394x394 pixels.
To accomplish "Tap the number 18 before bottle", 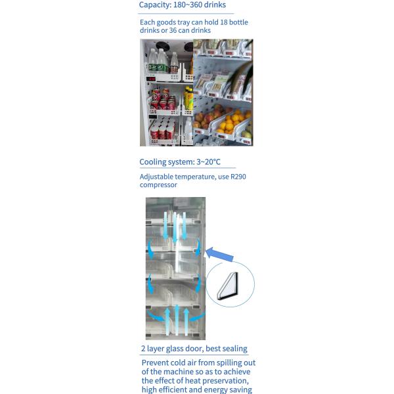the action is (x=223, y=22).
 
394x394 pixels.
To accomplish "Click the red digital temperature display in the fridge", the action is (x=151, y=79).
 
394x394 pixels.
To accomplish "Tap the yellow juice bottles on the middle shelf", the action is (x=188, y=98).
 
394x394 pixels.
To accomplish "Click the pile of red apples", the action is (x=208, y=116).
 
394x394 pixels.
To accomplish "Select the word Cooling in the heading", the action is (x=152, y=162).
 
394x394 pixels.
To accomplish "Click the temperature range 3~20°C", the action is (x=208, y=162).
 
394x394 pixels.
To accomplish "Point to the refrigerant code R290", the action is (x=238, y=177).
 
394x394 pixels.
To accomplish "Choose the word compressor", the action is (x=158, y=185).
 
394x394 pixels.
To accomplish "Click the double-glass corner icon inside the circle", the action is (x=227, y=286).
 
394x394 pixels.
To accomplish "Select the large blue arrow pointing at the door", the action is (x=219, y=254).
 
